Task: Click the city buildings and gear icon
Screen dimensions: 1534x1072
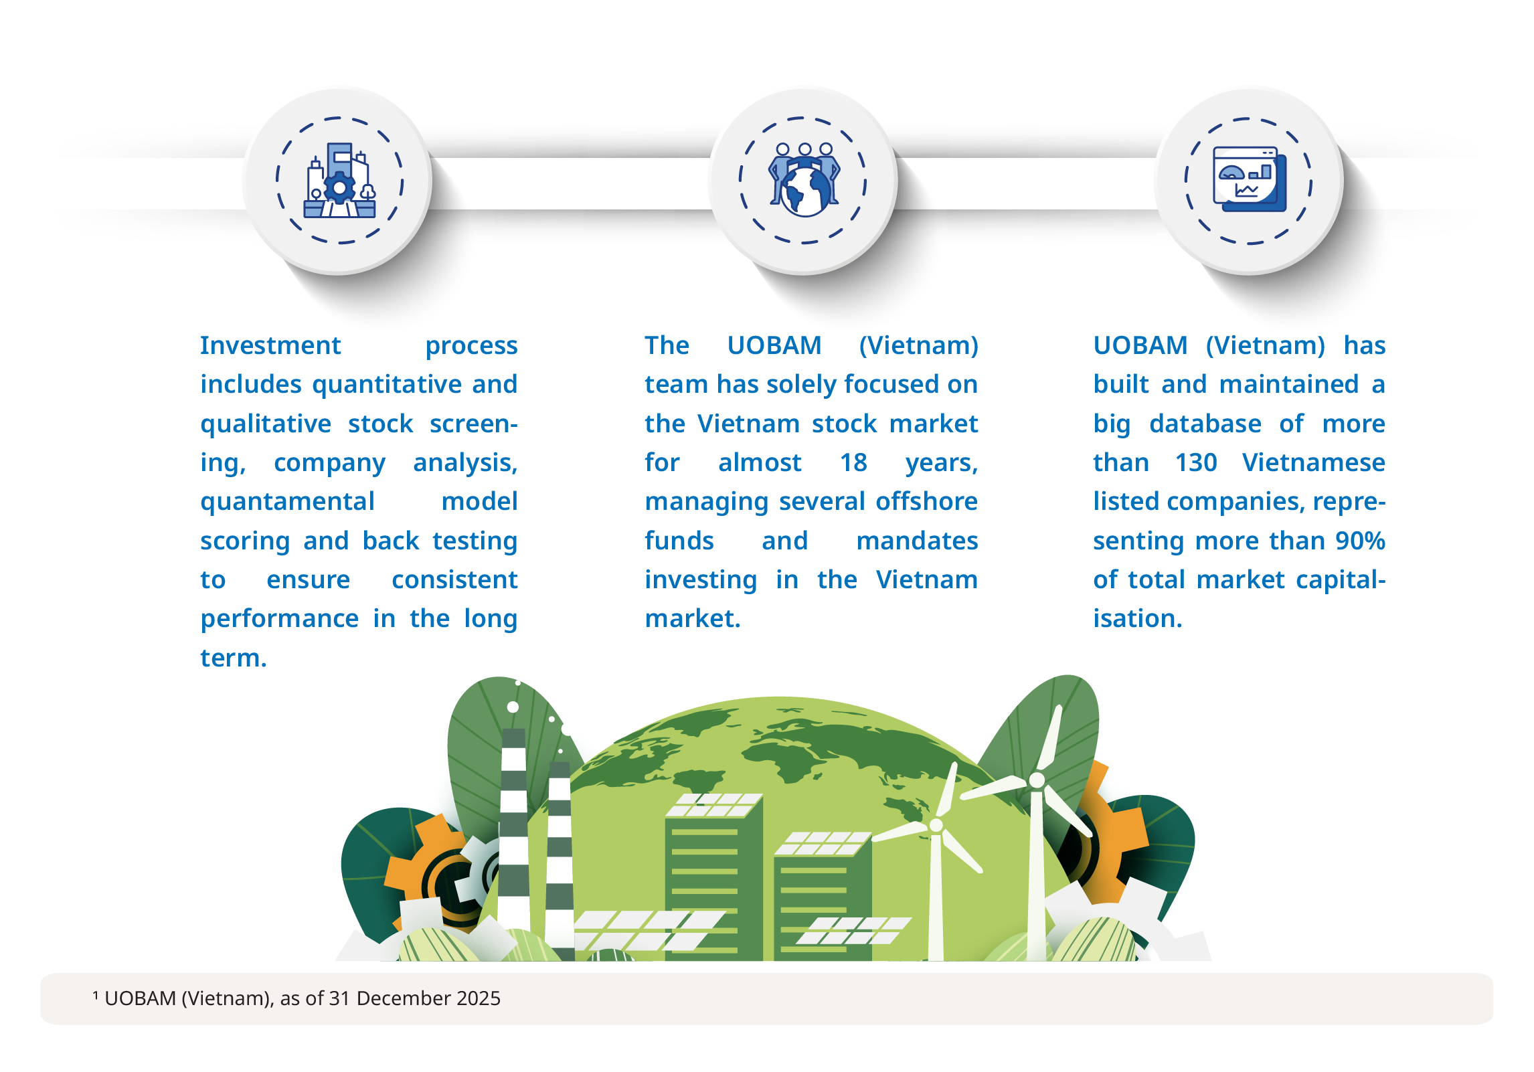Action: tap(340, 181)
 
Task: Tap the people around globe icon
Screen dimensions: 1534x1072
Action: tap(804, 179)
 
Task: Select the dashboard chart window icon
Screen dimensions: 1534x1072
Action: tap(1250, 179)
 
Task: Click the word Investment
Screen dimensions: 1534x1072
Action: tap(270, 345)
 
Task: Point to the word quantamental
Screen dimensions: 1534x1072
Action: tap(287, 502)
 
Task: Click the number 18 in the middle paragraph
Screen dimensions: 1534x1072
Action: tap(853, 462)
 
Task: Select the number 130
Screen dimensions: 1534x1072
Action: tap(1196, 462)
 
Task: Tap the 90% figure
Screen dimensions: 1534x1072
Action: tap(1360, 541)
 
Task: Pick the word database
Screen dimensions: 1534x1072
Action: tap(1205, 424)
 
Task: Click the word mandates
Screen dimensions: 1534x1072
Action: tap(917, 541)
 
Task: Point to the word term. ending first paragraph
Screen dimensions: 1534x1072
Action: tap(234, 658)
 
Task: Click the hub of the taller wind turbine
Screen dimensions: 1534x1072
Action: tap(1037, 780)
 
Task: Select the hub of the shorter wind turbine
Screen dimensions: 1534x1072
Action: tap(936, 825)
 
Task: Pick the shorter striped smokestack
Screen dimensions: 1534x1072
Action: tap(560, 859)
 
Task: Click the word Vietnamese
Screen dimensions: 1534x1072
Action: tap(1314, 462)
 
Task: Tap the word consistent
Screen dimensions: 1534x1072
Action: tap(454, 579)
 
